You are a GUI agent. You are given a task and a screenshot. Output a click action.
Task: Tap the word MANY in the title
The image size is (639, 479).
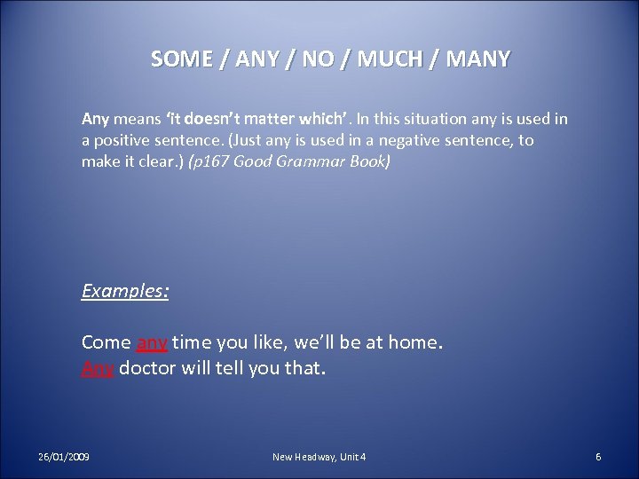point(478,59)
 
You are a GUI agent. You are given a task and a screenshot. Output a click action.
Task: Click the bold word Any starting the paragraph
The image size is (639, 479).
point(95,118)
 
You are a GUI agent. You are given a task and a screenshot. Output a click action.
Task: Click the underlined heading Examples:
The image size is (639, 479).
point(125,290)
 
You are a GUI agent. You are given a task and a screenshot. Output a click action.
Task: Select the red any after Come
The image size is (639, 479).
point(152,342)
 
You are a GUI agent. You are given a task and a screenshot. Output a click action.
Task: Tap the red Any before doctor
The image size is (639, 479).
point(98,367)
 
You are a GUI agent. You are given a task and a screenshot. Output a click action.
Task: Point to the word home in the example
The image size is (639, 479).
point(415,342)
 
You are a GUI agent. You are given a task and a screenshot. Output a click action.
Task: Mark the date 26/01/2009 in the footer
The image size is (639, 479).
point(63,456)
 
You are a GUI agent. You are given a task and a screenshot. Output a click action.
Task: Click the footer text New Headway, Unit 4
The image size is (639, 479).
point(319,456)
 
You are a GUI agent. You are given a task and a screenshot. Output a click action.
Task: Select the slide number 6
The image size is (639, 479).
point(598,456)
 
